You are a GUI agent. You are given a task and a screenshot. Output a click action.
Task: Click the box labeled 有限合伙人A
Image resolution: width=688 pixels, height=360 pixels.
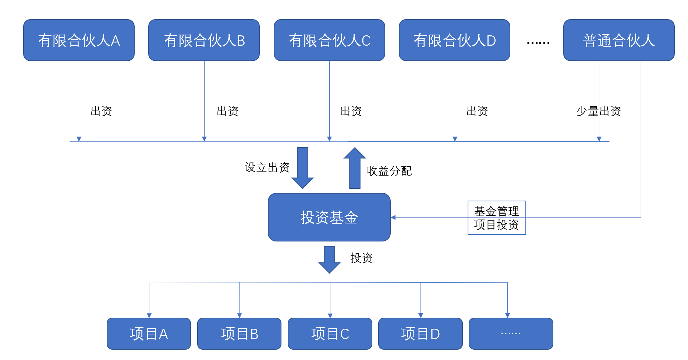tap(79, 40)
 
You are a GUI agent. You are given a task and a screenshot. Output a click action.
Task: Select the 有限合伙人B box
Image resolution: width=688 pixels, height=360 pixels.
tap(204, 40)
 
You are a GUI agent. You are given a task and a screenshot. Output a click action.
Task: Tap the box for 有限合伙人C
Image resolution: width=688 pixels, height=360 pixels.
tap(329, 40)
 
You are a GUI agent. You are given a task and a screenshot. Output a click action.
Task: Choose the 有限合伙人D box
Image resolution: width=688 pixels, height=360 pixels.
tap(454, 40)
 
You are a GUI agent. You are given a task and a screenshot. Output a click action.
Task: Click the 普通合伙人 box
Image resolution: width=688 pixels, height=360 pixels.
tap(619, 40)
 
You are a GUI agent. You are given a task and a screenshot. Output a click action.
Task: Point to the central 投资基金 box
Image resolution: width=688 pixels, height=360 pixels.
tap(329, 217)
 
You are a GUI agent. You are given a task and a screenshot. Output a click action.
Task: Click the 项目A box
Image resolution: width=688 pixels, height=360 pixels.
tap(149, 333)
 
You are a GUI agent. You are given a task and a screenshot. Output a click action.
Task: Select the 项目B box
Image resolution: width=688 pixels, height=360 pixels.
tap(239, 333)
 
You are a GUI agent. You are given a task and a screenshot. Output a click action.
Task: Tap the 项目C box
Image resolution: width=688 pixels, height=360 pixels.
tap(330, 333)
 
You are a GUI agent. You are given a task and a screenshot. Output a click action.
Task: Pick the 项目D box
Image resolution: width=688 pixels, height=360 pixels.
tap(420, 333)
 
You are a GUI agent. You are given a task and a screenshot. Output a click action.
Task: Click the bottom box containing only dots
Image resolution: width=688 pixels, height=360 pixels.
tap(511, 333)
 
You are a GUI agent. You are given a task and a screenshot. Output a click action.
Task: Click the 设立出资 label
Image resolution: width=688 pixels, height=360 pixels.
tap(267, 167)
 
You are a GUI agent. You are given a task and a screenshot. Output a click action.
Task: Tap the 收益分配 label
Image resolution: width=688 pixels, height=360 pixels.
tap(389, 171)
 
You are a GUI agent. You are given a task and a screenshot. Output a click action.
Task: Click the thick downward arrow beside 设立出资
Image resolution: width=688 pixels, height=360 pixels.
tap(302, 167)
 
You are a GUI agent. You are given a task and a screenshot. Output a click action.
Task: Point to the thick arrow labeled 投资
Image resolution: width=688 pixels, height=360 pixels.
tap(329, 259)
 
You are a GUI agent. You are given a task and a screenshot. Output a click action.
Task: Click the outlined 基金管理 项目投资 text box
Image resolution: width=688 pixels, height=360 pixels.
tap(497, 218)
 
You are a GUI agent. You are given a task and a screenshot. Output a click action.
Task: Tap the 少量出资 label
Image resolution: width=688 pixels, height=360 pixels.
tap(599, 111)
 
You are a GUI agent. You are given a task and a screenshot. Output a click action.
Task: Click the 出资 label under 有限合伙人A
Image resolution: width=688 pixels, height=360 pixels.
tap(101, 111)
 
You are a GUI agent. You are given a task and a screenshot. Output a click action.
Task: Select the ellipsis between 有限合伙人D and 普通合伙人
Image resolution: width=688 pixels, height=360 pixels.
tap(538, 43)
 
